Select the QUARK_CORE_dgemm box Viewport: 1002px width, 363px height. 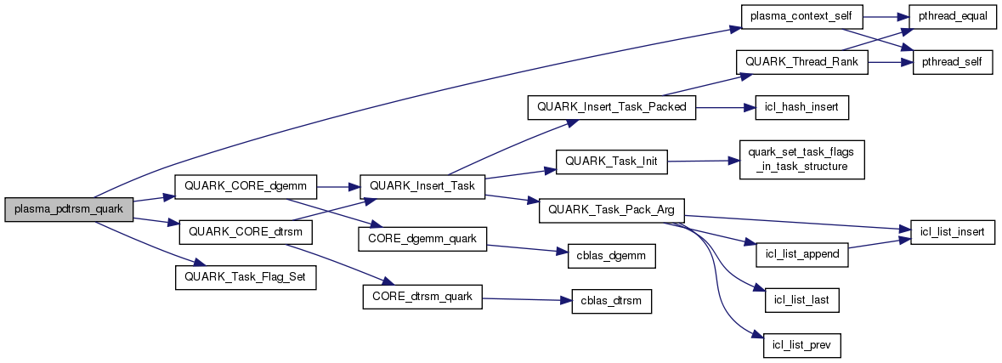[x=245, y=184]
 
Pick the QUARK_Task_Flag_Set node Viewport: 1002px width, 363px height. [x=246, y=277]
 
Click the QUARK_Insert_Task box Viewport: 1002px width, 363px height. [x=422, y=184]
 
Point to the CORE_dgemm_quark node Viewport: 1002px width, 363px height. [x=422, y=240]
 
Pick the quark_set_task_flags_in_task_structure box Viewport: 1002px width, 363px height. [x=802, y=158]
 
